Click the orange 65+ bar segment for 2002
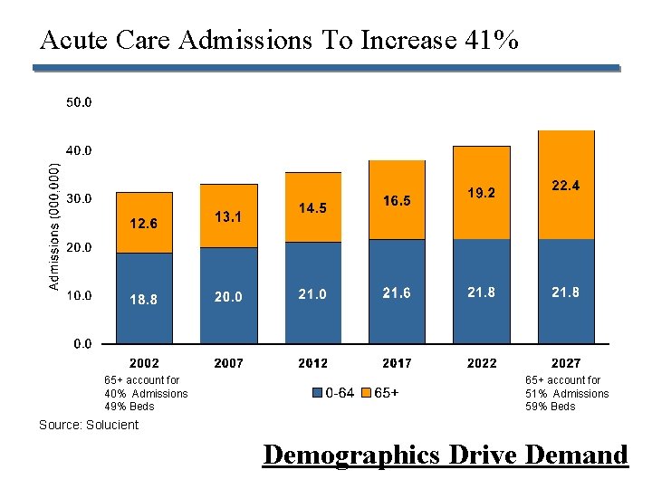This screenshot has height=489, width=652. [x=144, y=222]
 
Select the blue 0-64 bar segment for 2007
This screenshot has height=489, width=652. [x=228, y=295]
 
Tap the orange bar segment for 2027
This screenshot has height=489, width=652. [x=566, y=185]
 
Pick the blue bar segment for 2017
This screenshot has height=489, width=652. [x=397, y=292]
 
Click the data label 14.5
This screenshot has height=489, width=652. [x=312, y=208]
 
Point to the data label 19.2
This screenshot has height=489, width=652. [x=481, y=193]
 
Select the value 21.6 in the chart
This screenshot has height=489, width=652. [x=397, y=292]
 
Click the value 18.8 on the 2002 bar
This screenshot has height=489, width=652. [x=144, y=300]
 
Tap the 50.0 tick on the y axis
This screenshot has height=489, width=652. [x=79, y=102]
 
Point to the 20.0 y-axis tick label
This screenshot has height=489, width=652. [x=79, y=246]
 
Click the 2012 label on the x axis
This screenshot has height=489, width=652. [x=312, y=363]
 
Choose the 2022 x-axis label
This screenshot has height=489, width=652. [x=481, y=363]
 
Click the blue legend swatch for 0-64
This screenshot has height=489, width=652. [x=317, y=393]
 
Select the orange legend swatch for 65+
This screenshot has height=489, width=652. [x=366, y=393]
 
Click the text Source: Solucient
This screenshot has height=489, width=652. [x=89, y=425]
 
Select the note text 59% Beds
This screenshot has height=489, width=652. [x=550, y=406]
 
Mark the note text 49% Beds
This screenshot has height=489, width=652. [x=129, y=406]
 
